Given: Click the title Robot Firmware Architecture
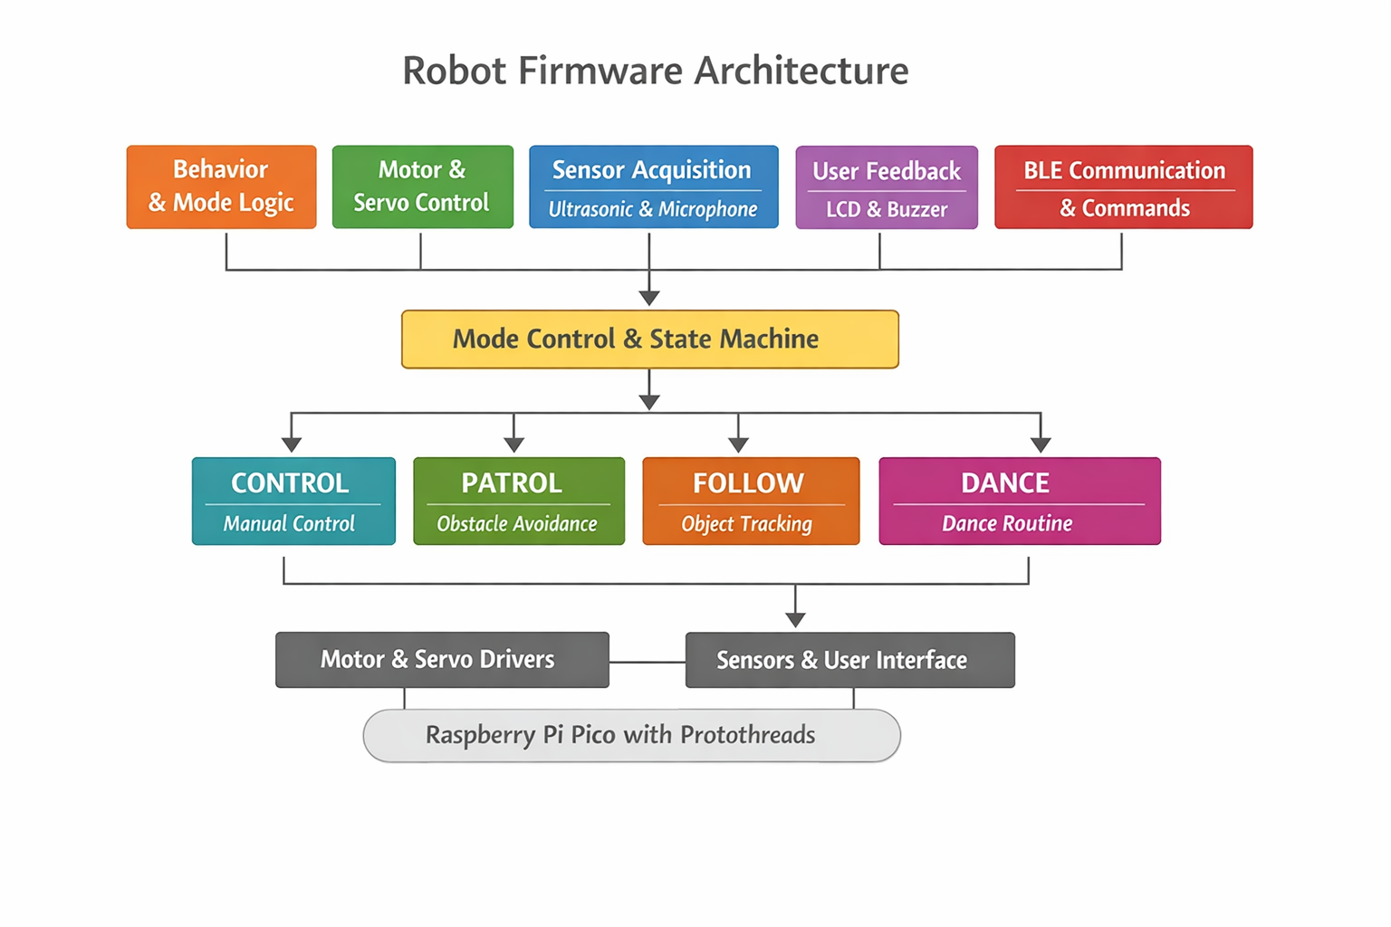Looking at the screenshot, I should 655,71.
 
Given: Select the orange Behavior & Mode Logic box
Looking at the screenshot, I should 221,186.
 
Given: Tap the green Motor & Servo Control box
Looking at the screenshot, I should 422,186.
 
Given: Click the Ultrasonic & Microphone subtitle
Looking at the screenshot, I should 652,209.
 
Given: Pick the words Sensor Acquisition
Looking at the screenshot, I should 652,169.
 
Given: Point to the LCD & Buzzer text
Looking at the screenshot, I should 887,209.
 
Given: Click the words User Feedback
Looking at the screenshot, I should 887,170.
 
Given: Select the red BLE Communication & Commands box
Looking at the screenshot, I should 1123,187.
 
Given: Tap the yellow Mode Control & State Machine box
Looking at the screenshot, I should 649,339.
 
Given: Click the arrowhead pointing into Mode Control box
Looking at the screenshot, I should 649,298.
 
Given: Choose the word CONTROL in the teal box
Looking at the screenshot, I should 290,483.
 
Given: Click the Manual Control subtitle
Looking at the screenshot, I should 290,523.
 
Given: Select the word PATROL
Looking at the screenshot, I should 512,483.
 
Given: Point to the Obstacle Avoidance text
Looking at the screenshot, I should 517,523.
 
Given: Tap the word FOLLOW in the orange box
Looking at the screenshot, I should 748,483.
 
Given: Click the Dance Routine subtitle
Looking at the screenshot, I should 1007,523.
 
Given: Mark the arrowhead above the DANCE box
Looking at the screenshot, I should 1041,444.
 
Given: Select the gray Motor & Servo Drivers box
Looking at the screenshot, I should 442,659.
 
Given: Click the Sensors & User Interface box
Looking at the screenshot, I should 849,660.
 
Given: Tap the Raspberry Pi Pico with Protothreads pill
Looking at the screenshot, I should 631,735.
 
